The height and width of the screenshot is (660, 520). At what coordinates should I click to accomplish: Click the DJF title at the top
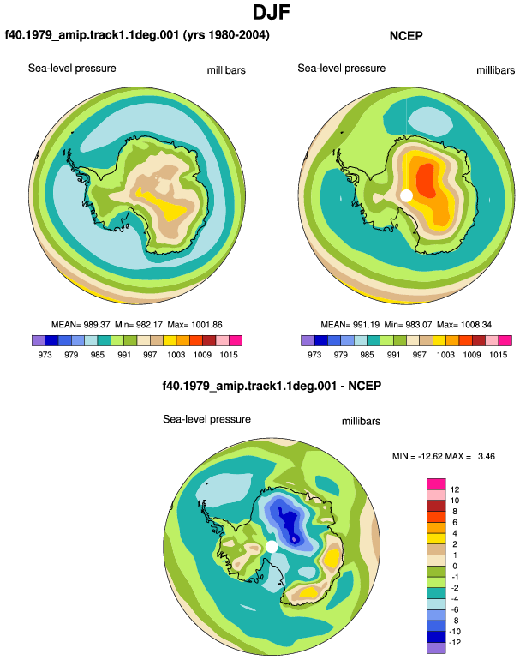[x=271, y=12]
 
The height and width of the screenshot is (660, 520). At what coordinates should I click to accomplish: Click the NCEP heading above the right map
[x=406, y=36]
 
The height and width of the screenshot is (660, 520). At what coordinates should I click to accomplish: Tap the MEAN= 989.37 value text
[x=81, y=325]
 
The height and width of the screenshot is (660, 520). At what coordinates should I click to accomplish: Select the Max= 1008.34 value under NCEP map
[x=464, y=325]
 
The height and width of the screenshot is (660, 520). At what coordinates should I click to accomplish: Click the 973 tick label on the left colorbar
[x=45, y=354]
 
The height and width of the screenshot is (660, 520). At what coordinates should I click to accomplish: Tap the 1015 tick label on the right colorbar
[x=498, y=354]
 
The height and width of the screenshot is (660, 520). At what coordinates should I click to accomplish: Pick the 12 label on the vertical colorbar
[x=455, y=489]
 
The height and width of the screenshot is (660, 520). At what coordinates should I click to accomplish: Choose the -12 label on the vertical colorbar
[x=455, y=642]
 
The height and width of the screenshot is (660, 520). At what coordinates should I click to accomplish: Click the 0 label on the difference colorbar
[x=455, y=566]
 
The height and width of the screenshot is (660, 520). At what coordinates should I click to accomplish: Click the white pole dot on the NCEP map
[x=406, y=195]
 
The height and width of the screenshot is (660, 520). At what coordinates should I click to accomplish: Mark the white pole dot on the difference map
[x=272, y=546]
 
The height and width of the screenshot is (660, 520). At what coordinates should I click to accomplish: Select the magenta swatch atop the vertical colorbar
[x=436, y=483]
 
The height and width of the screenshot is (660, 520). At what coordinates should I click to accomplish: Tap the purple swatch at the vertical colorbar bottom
[x=436, y=648]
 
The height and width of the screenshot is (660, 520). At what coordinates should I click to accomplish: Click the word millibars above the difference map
[x=361, y=422]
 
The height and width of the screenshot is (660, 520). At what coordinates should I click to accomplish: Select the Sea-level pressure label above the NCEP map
[x=342, y=69]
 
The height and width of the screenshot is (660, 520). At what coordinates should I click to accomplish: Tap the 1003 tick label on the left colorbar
[x=176, y=354]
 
